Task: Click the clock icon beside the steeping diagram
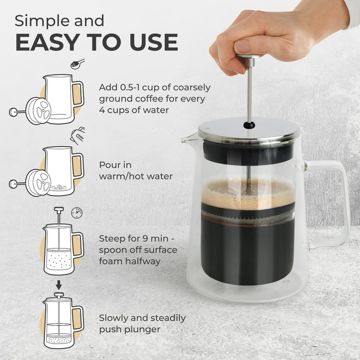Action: (x=76, y=212)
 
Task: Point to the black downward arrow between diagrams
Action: (x=59, y=285)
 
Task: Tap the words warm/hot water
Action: (x=136, y=176)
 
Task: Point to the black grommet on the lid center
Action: (x=249, y=125)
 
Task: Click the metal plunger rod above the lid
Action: (x=249, y=94)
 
